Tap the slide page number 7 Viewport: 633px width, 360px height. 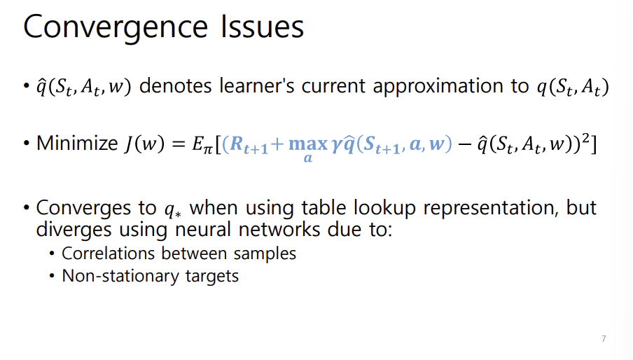click(x=604, y=339)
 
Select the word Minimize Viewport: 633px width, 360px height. click(x=77, y=144)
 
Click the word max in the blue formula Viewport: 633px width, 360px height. click(x=308, y=145)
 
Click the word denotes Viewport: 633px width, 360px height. click(x=179, y=88)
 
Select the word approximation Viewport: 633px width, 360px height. click(x=431, y=88)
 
